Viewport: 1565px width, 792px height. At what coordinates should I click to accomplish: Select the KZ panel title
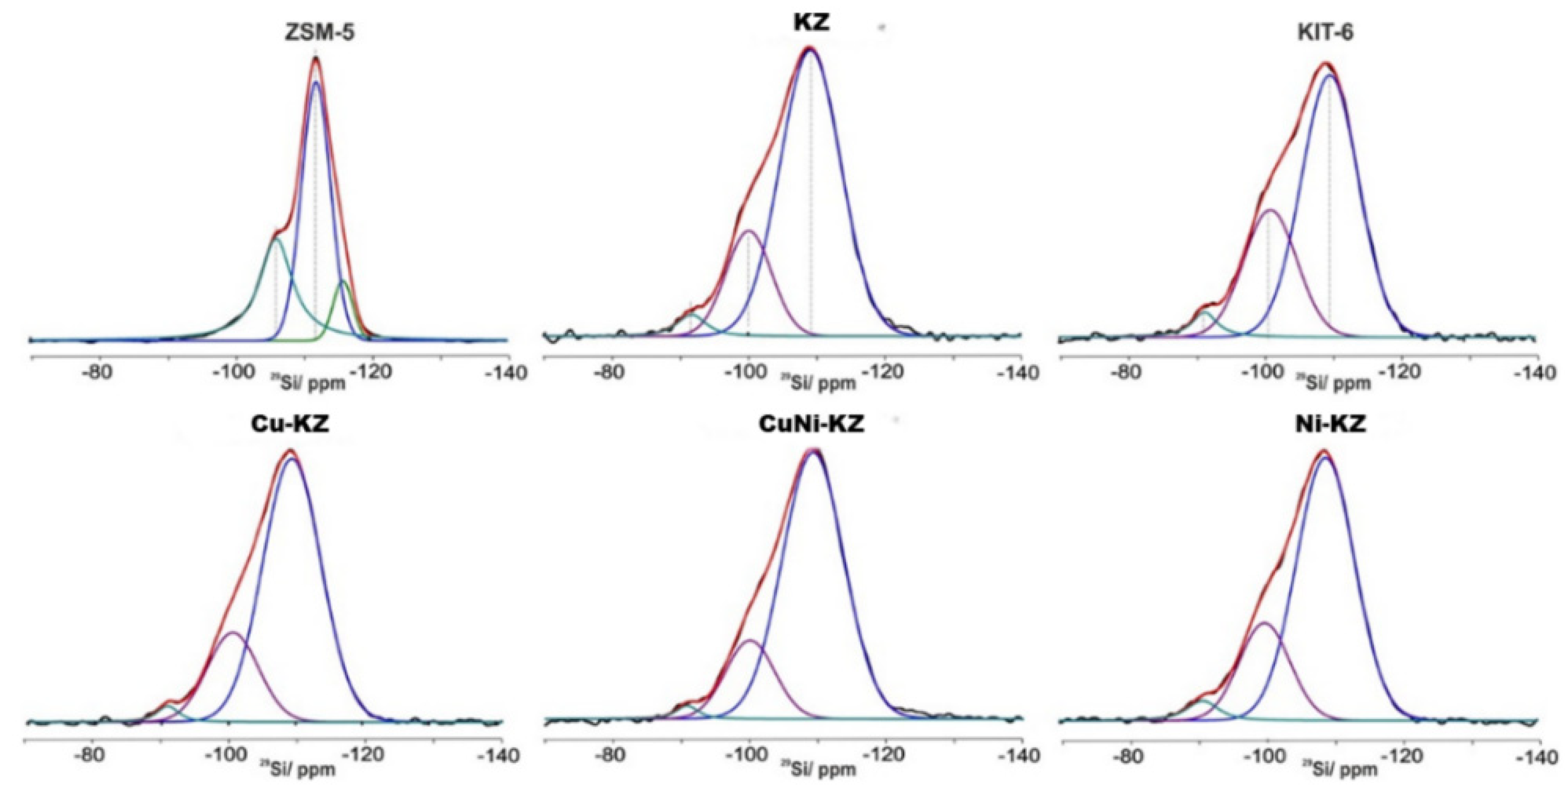point(811,22)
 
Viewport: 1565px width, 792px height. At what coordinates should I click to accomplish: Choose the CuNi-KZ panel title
point(811,424)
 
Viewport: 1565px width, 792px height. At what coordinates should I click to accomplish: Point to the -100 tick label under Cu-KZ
point(227,757)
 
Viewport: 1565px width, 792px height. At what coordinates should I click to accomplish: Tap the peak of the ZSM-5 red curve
point(315,58)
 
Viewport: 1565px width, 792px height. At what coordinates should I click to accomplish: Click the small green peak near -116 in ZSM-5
point(343,281)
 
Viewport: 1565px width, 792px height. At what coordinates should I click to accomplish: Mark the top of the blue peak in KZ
point(810,50)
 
